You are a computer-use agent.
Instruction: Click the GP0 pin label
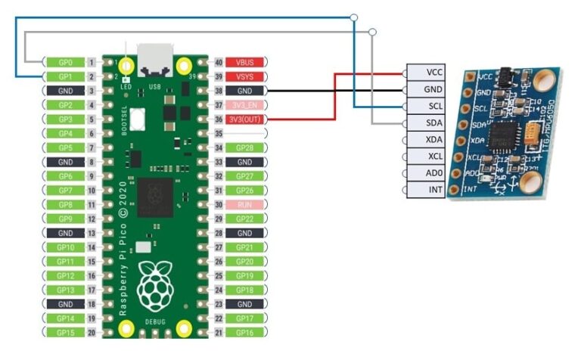pyautogui.click(x=64, y=62)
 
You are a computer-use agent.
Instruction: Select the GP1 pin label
pyautogui.click(x=64, y=76)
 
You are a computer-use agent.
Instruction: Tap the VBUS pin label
pyautogui.click(x=245, y=62)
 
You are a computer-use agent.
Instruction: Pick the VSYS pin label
pyautogui.click(x=245, y=76)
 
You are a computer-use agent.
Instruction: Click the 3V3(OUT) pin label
pyautogui.click(x=245, y=119)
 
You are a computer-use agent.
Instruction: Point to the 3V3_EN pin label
pyautogui.click(x=245, y=104)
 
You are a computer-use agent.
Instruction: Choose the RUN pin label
pyautogui.click(x=245, y=204)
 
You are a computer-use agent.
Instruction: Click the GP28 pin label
pyautogui.click(x=245, y=147)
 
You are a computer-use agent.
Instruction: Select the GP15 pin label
pyautogui.click(x=64, y=333)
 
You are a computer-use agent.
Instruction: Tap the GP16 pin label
pyautogui.click(x=245, y=333)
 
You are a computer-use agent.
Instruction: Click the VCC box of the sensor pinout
pyautogui.click(x=434, y=73)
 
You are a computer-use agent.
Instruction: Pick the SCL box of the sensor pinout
pyautogui.click(x=434, y=106)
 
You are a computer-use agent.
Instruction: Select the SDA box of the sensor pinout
pyautogui.click(x=434, y=123)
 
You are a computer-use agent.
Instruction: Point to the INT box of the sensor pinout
pyautogui.click(x=434, y=190)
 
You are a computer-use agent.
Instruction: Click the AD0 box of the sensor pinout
pyautogui.click(x=434, y=173)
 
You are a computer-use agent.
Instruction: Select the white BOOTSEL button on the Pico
pyautogui.click(x=138, y=119)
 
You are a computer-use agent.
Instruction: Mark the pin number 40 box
pyautogui.click(x=219, y=62)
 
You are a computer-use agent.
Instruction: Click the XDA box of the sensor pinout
pyautogui.click(x=434, y=140)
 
